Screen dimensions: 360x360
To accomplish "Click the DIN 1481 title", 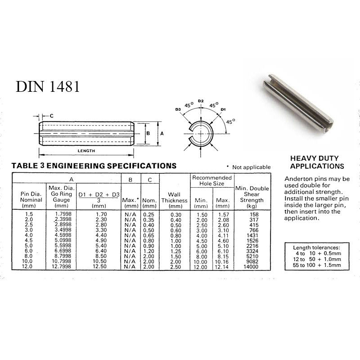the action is pos(48,86).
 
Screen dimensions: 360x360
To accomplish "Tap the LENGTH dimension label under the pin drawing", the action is pos(86,151).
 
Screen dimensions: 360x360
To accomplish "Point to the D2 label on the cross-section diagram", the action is pos(201,101).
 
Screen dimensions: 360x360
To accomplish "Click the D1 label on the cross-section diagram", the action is pos(223,109).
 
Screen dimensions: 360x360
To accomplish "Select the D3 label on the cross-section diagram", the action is pos(178,109).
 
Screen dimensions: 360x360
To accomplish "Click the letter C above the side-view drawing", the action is pos(51,116).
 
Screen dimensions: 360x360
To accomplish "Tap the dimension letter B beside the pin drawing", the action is pos(148,133).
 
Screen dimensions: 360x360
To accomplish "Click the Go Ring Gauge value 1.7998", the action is pos(63,215).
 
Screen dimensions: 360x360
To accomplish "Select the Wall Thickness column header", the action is pos(175,200).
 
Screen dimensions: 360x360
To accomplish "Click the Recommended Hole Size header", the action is pos(212,180).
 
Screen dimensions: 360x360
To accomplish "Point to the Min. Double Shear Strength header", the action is pos(252,197).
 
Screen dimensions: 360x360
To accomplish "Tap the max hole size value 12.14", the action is pos(222,267).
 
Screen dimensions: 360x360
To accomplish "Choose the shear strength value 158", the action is pos(254,215).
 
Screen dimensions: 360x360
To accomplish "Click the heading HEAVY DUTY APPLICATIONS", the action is pos(317,162).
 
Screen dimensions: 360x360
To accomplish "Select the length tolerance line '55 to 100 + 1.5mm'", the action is pos(317,265).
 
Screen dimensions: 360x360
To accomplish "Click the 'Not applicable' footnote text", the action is pos(252,167).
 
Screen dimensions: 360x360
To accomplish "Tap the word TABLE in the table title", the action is pos(25,166).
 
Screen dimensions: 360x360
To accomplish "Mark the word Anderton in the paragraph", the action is pos(297,179).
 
